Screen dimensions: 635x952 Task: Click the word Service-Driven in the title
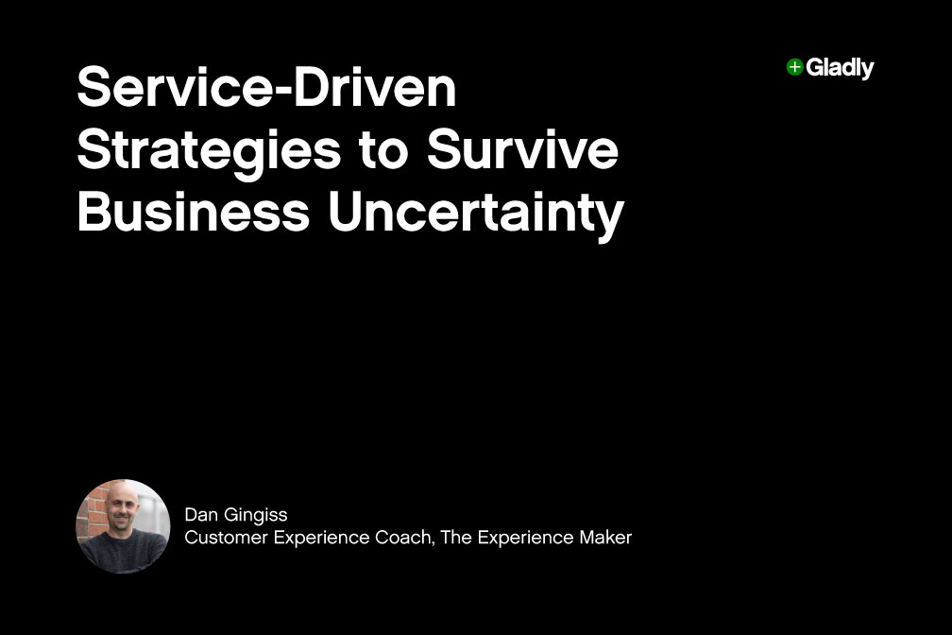[266, 90]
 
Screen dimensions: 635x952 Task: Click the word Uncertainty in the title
[476, 215]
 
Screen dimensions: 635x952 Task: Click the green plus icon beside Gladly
[794, 67]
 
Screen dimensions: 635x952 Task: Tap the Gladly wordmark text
[840, 68]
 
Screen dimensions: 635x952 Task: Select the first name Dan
[199, 515]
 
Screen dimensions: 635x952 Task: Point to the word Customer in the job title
[223, 538]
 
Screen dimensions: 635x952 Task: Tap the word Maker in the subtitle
[607, 538]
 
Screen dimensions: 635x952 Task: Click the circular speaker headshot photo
[123, 526]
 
